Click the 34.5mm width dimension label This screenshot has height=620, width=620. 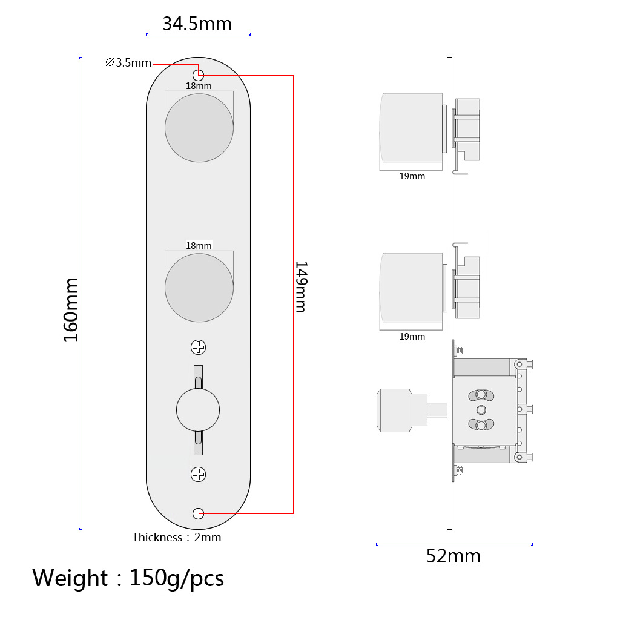pos(197,24)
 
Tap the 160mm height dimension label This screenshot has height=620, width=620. pos(71,309)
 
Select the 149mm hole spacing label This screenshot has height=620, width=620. pos(300,286)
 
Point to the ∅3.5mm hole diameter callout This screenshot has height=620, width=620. pos(128,62)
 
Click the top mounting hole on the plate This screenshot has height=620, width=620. pos(198,74)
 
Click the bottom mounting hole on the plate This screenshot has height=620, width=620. pos(198,513)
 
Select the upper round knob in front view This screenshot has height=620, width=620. pos(199,128)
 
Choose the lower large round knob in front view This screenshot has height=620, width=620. pos(199,288)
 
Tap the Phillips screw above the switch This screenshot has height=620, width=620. pos(199,347)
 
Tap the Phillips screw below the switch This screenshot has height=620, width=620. pos(199,474)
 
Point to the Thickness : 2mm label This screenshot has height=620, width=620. pos(177,537)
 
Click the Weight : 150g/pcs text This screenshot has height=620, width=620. pos(128,578)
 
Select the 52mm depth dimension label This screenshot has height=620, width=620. pos(453,556)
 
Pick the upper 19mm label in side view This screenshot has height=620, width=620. pos(412,176)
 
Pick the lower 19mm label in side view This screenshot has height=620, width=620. pos(412,337)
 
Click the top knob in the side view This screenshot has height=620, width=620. pos(411,128)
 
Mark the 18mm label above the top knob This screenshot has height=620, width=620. pos(199,85)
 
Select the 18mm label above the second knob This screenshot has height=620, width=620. pos(199,245)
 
